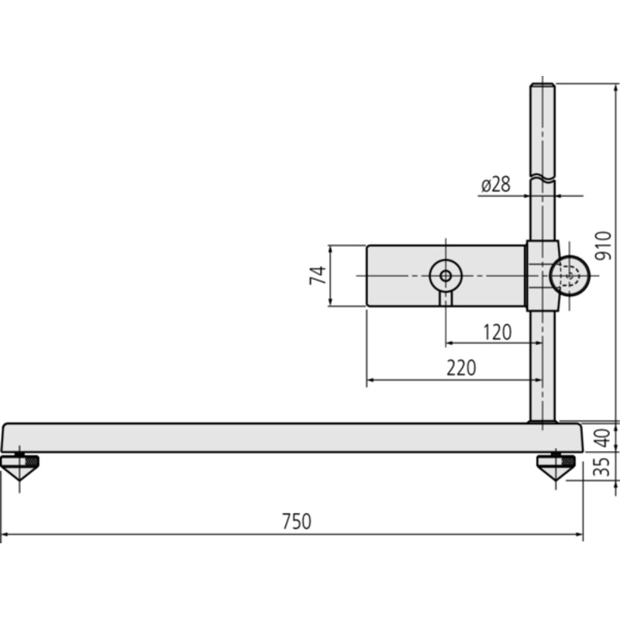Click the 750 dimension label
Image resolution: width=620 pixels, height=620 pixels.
pos(297,521)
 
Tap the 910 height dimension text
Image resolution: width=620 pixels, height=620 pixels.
pos(603,246)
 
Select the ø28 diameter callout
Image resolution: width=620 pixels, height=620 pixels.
pos(496,184)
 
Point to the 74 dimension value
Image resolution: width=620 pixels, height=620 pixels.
pos(318,275)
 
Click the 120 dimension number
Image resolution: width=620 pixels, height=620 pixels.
pos(498,332)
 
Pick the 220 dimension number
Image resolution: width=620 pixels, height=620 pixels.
pos(461,367)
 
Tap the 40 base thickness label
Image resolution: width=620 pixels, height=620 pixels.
pos(603,438)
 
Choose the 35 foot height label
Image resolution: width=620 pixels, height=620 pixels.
pos(603,467)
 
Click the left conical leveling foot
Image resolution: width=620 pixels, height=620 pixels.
pos(20,467)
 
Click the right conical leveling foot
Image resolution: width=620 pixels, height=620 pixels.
pos(556,467)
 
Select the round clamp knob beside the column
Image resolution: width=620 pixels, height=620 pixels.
pos(570,276)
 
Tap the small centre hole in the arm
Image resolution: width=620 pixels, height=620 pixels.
pos(446,276)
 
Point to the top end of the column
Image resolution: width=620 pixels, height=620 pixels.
pos(542,84)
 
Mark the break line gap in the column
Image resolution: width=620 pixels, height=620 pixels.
pos(542,178)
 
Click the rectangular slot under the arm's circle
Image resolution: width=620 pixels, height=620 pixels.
pos(446,298)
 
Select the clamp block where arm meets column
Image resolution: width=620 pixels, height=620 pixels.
pos(542,275)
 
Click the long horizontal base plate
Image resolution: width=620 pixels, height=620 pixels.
pos(292,438)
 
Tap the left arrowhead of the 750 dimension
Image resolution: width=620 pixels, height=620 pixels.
pos(5,535)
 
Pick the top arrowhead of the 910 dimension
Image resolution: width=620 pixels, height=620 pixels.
pos(615,88)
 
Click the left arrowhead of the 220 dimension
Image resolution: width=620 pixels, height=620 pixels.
pos(371,380)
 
